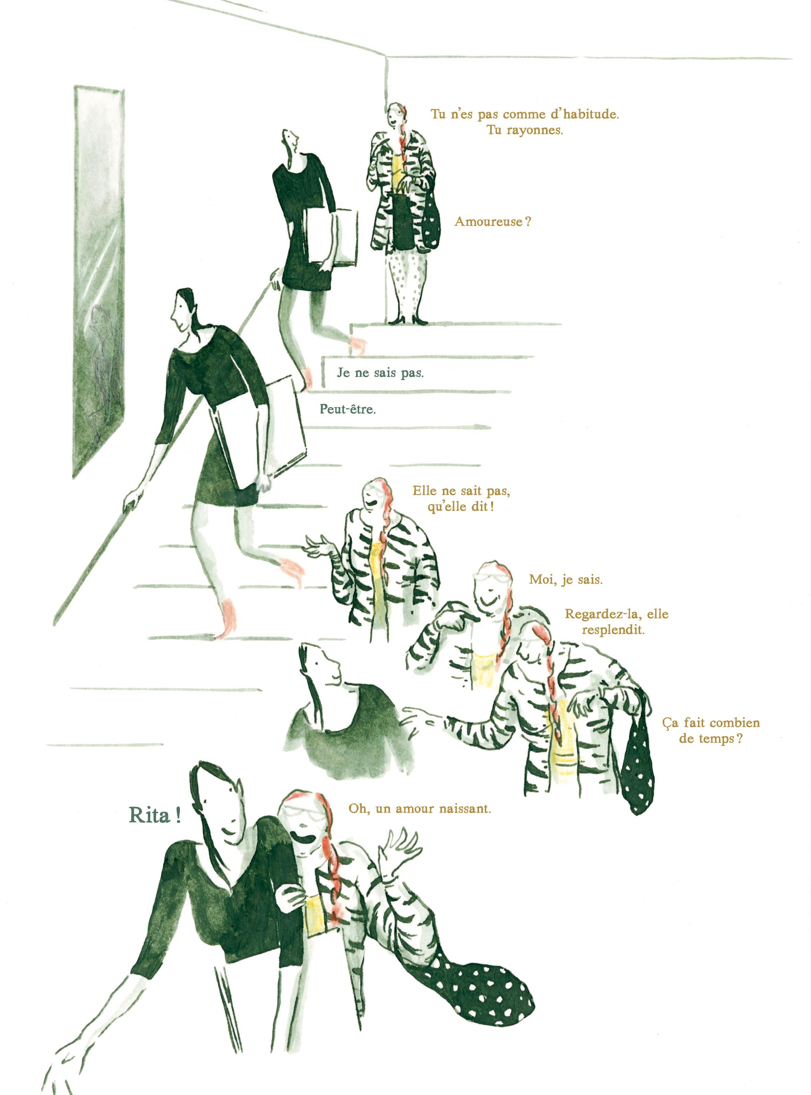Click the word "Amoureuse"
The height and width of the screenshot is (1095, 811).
(x=489, y=221)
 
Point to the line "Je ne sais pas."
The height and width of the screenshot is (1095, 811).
(x=380, y=373)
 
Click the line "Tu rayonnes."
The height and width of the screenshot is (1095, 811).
(x=524, y=131)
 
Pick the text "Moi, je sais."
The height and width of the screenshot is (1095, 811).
(x=566, y=579)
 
